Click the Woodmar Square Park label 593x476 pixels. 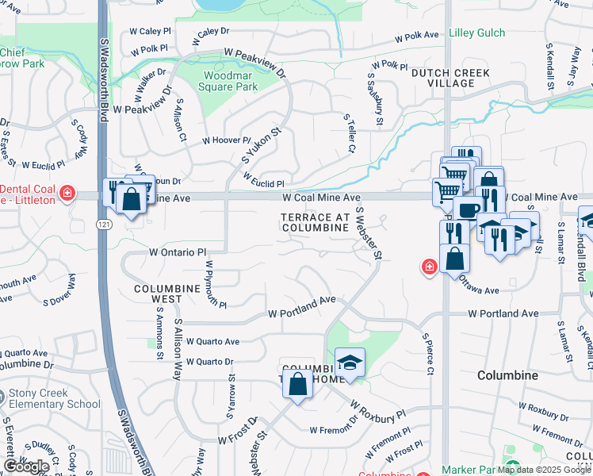point(231,81)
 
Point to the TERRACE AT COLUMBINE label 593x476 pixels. point(316,222)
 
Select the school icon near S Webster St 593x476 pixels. point(350,363)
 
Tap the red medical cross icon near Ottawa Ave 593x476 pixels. point(429,267)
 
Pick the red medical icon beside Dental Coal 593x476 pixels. point(67,193)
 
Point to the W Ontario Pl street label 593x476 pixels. point(178,251)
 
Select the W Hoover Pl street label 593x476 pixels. point(226,140)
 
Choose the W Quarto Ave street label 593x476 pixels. point(209,342)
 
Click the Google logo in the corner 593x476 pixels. point(26,466)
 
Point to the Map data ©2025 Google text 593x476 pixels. point(543,469)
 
